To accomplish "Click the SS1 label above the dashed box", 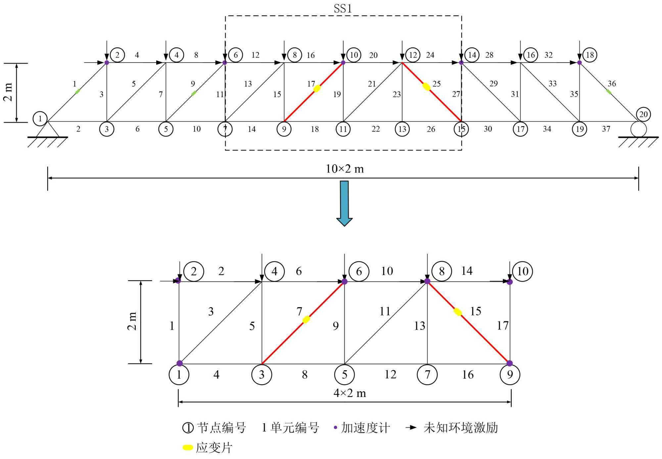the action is click(343, 9).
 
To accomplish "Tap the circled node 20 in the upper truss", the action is click(643, 115).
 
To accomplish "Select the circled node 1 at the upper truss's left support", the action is click(40, 118).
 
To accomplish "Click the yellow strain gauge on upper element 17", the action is click(317, 88).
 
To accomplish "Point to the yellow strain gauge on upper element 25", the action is click(426, 87).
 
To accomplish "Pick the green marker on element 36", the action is click(608, 91).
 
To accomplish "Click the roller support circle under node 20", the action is click(638, 129).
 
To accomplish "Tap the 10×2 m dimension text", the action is click(345, 169).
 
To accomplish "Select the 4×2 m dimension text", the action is click(350, 393).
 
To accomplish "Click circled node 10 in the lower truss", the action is click(522, 271).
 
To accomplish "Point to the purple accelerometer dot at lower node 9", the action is click(509, 363).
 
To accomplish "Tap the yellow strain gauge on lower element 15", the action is click(457, 312).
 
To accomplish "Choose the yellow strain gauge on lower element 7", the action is click(306, 319).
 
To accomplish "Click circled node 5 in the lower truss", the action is click(344, 375).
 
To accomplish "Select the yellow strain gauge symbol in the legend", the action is click(188, 447).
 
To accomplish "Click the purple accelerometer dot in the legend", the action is click(335, 428).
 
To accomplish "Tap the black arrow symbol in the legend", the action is click(411, 428).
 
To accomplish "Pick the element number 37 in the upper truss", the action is click(606, 129).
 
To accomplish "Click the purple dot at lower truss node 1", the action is click(179, 363).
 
